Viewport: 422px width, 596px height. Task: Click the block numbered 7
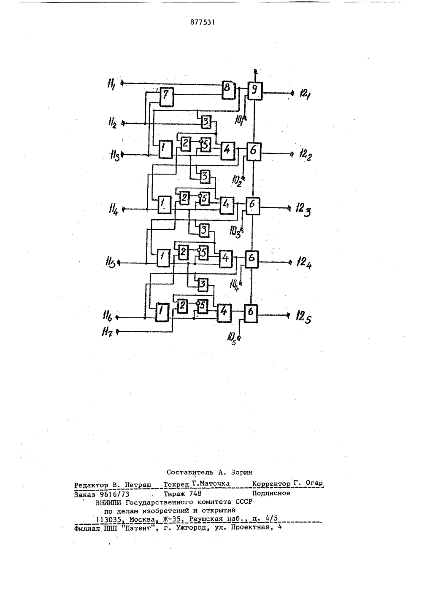(167, 97)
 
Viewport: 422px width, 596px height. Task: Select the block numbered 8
(229, 90)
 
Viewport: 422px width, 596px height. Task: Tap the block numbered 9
(255, 91)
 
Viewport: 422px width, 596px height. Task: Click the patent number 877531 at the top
(203, 22)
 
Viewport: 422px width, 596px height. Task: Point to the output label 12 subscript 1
(305, 94)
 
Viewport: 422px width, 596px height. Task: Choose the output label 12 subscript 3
(303, 209)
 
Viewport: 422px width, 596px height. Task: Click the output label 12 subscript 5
(303, 316)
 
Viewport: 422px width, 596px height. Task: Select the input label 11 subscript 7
(107, 332)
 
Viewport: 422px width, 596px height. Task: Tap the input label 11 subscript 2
(112, 123)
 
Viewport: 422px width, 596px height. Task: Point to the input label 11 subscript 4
(114, 209)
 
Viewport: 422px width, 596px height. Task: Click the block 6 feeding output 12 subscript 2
(254, 152)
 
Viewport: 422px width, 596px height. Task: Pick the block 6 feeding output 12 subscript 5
(251, 314)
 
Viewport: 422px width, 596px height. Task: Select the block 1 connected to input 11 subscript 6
(162, 312)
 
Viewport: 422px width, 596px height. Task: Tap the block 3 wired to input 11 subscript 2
(206, 122)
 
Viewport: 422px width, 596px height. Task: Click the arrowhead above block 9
(255, 71)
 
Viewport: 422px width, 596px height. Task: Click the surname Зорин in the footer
(241, 472)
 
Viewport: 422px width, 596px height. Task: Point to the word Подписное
(271, 493)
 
